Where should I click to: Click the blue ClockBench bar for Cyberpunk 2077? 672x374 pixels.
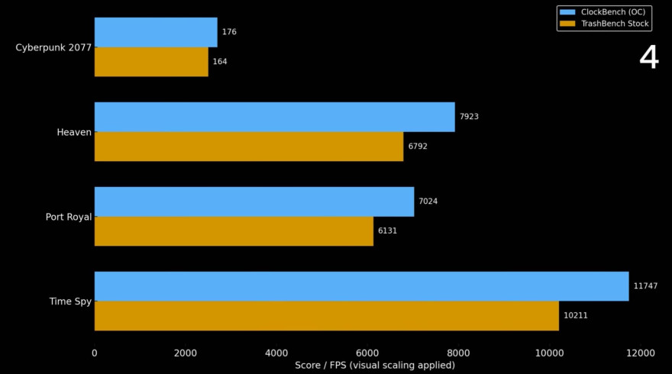point(156,33)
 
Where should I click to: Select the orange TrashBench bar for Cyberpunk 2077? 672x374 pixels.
point(151,62)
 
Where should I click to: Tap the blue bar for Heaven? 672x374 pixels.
point(274,117)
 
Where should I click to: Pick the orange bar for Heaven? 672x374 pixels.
point(249,147)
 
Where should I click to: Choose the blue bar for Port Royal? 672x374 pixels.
point(254,202)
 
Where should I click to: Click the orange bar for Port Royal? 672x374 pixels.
point(234,231)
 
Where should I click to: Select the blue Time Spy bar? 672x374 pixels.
point(361,286)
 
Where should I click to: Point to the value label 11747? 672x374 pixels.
point(645,286)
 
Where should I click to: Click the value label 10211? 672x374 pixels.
point(575,315)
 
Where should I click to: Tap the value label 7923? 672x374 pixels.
point(469,117)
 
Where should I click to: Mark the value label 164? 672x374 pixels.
point(220,62)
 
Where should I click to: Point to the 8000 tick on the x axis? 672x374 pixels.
point(458,353)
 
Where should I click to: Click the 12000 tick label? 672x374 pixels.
point(640,353)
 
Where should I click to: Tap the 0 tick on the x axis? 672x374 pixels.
point(95,353)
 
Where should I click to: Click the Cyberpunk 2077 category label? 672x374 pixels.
point(53,47)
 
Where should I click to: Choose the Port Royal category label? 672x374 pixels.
point(69,217)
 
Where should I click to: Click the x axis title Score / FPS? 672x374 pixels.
point(375,366)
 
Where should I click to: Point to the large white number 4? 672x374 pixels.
point(648,58)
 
